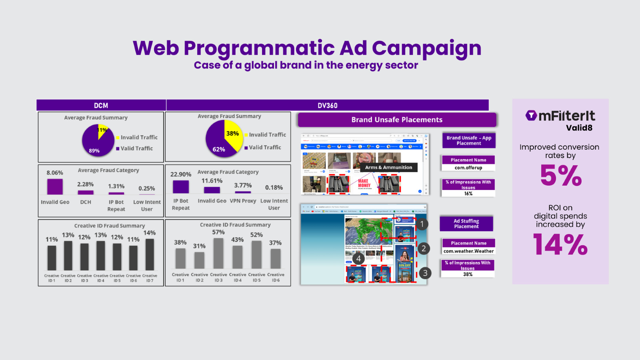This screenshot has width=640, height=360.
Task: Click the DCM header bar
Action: click(x=101, y=105)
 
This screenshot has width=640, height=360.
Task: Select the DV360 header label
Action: click(x=327, y=106)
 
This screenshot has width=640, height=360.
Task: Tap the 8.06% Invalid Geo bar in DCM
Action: click(x=55, y=186)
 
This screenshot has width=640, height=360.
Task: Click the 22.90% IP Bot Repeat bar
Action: click(x=181, y=187)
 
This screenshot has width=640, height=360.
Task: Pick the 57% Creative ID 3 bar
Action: click(x=218, y=253)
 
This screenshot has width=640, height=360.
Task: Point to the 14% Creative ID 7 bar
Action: click(x=150, y=255)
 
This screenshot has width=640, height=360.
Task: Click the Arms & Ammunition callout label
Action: click(x=388, y=168)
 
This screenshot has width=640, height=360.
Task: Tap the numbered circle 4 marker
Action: click(x=358, y=258)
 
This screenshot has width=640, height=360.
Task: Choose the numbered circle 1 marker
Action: click(x=422, y=224)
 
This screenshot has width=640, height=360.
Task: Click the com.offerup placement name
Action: click(x=468, y=168)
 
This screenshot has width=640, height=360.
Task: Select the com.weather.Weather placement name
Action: click(x=468, y=251)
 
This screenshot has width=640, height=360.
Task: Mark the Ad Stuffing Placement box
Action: click(x=466, y=224)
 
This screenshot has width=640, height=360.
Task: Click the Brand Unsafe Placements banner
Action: click(x=397, y=120)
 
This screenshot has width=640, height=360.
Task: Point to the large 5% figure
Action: click(x=561, y=176)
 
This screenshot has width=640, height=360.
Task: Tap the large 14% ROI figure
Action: click(x=560, y=245)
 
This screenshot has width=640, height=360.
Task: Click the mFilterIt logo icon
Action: click(x=531, y=116)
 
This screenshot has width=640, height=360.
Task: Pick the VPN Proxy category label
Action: click(x=243, y=201)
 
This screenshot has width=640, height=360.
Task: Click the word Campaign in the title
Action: click(x=426, y=48)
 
